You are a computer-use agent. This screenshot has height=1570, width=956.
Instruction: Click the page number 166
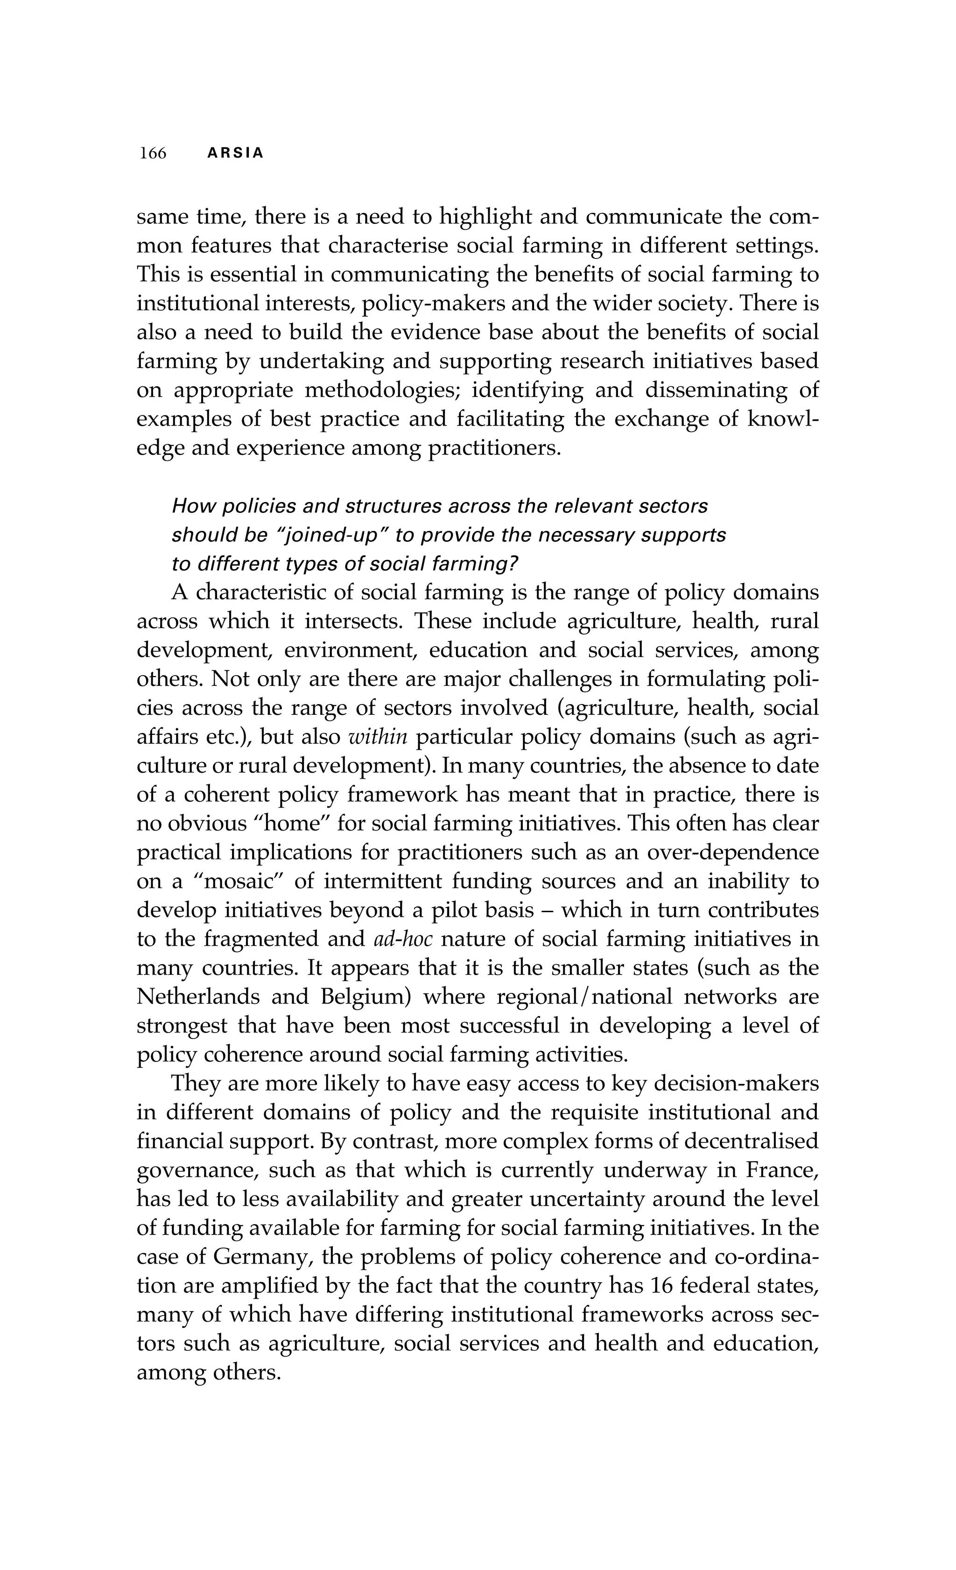[153, 154]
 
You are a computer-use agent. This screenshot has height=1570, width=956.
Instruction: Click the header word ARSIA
[235, 154]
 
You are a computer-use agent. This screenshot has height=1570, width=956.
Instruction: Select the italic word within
[379, 737]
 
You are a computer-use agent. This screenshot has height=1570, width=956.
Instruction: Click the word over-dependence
[732, 852]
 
